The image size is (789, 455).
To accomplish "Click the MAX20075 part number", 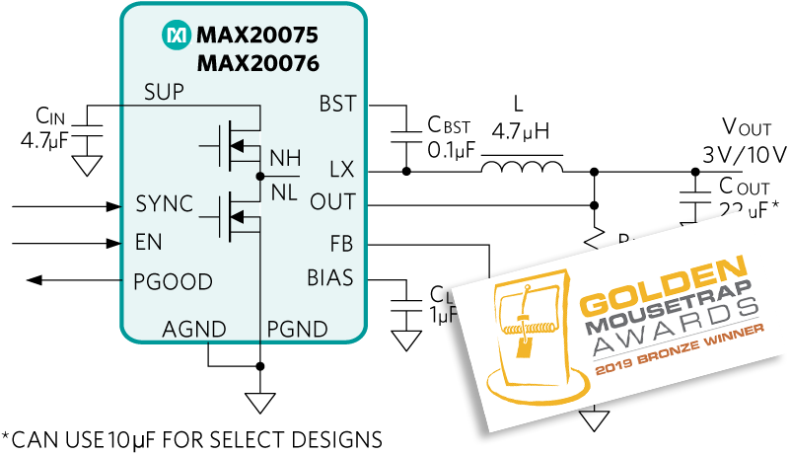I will [x=256, y=37].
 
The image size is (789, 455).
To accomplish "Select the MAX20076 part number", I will [x=256, y=64].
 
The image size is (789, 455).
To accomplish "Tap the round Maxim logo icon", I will [x=176, y=37].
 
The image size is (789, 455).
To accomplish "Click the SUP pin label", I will [x=164, y=93].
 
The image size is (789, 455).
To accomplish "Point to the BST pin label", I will [x=337, y=104].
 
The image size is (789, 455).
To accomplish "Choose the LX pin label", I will [x=341, y=170].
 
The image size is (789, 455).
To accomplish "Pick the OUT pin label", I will [x=332, y=202].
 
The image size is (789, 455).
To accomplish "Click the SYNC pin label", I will [x=164, y=204].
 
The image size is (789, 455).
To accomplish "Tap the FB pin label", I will [x=341, y=243].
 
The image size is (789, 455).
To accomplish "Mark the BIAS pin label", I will [x=329, y=277].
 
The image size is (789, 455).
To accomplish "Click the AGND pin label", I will [x=194, y=329].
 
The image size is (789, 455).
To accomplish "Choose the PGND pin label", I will [x=298, y=329].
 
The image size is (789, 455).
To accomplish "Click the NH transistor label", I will [x=285, y=158].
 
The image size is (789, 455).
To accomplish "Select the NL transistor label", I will [x=284, y=192].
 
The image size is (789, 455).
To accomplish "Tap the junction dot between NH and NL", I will [x=259, y=176].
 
